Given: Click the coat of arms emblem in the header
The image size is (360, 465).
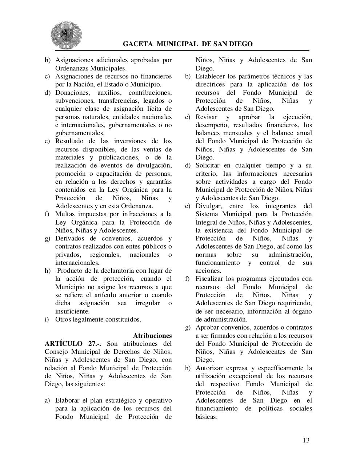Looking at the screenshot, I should [x=66, y=35].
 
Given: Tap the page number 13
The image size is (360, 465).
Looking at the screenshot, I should [x=306, y=440].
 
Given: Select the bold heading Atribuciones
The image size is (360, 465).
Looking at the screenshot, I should [x=152, y=335].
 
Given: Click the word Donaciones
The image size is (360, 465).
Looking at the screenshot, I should [x=71, y=93].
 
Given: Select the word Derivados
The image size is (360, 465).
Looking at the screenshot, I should [x=70, y=238].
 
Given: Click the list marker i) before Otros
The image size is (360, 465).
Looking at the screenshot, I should [x=47, y=319].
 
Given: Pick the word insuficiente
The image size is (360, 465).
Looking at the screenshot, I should [x=72, y=311].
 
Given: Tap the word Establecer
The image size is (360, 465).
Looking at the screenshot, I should [x=211, y=76].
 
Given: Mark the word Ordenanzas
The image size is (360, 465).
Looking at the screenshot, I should [x=71, y=68].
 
